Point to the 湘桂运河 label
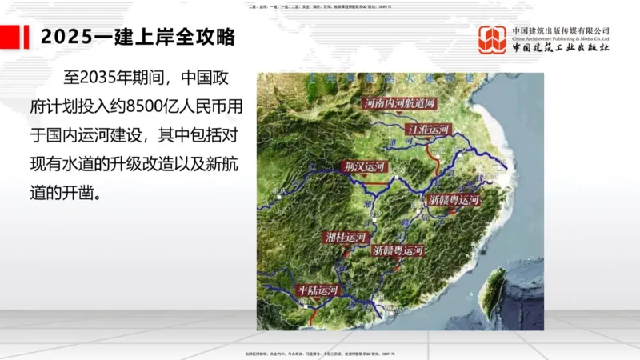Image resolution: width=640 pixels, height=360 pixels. tap(346, 237)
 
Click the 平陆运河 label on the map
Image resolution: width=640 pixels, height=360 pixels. tap(318, 290)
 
